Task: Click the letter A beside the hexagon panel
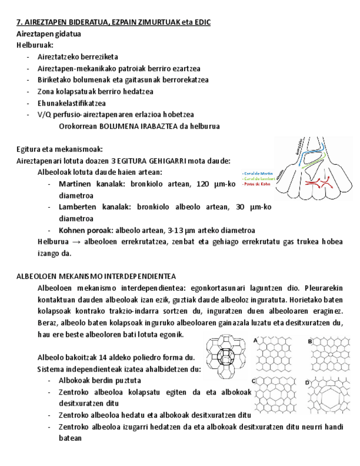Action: click(255, 341)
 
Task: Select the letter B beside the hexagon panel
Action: click(310, 341)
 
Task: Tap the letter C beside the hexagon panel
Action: click(253, 380)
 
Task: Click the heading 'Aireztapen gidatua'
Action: click(49, 34)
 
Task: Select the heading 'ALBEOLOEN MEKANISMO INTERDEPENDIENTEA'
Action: click(96, 276)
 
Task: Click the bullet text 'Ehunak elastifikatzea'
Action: click(71, 103)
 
